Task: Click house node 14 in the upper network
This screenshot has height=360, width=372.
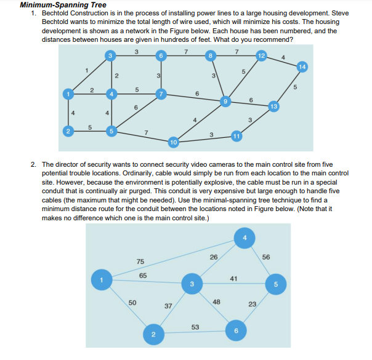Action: click(301, 66)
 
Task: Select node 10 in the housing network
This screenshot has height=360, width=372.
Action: click(173, 142)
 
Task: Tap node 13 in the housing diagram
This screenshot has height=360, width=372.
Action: click(273, 106)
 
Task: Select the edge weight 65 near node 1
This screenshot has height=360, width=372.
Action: click(143, 276)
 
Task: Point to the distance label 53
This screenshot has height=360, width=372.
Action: click(195, 327)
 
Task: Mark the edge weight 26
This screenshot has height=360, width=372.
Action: click(214, 257)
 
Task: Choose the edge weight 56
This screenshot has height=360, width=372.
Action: click(266, 257)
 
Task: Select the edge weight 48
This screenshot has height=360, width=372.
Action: click(216, 302)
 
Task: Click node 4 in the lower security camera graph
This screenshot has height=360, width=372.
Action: click(245, 238)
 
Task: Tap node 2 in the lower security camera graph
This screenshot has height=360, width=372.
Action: click(153, 334)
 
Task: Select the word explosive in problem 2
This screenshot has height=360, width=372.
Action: click(246, 182)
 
